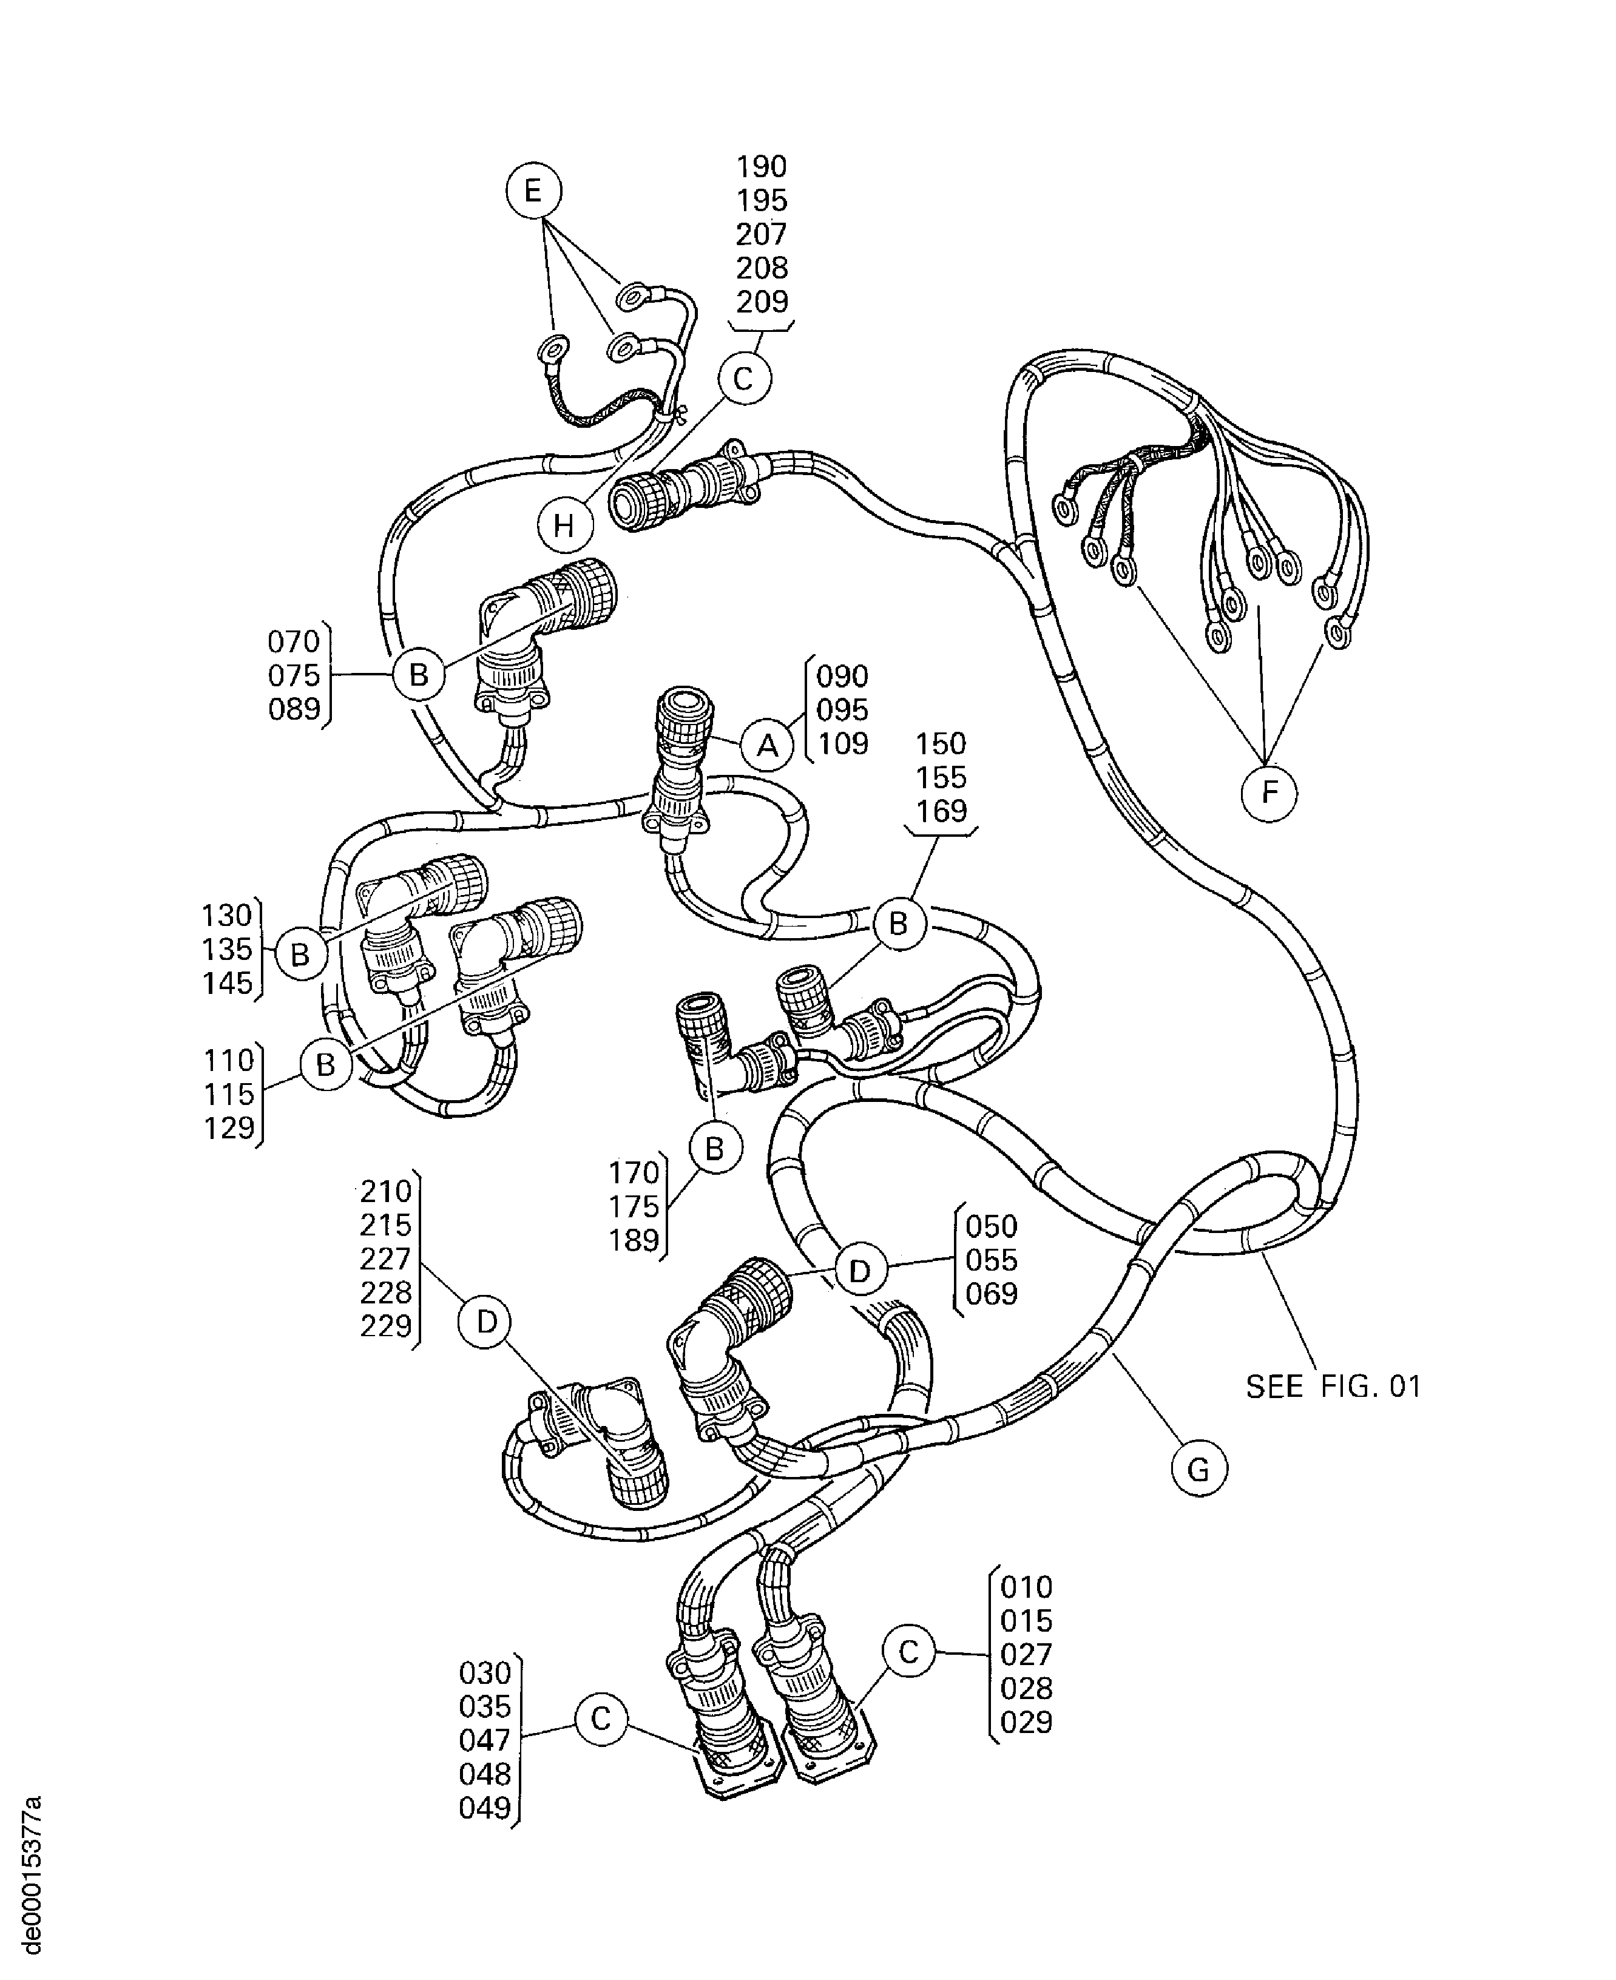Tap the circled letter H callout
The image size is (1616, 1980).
pyautogui.click(x=564, y=526)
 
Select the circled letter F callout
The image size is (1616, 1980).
pyautogui.click(x=1269, y=793)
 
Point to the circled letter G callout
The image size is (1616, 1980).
pyautogui.click(x=1199, y=1470)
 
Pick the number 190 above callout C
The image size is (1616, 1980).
pyautogui.click(x=762, y=167)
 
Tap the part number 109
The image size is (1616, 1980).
pyautogui.click(x=842, y=744)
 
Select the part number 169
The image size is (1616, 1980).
pyautogui.click(x=941, y=811)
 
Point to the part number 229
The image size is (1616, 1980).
pyautogui.click(x=385, y=1326)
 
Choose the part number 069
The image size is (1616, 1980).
pyautogui.click(x=992, y=1294)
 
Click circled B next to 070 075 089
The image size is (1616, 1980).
pyautogui.click(x=419, y=675)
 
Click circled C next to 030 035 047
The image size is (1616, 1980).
pyautogui.click(x=601, y=1718)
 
